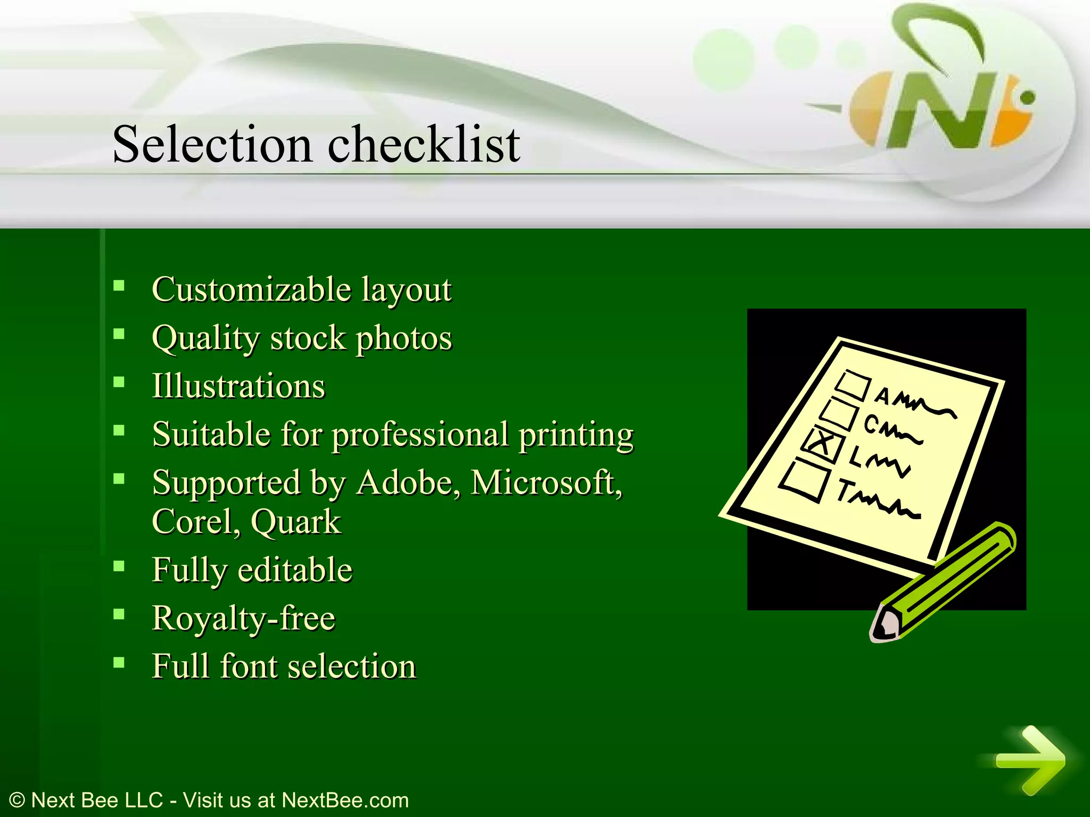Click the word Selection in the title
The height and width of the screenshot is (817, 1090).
pyautogui.click(x=212, y=145)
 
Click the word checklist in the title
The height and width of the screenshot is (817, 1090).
pyautogui.click(x=424, y=145)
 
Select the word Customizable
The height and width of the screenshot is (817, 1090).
pyautogui.click(x=251, y=290)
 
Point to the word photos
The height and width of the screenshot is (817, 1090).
pyautogui.click(x=404, y=339)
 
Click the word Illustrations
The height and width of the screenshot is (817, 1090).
pyautogui.click(x=238, y=386)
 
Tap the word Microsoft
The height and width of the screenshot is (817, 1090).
pyautogui.click(x=546, y=483)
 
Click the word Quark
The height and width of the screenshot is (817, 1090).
pyautogui.click(x=295, y=522)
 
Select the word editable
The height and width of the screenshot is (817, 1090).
pyautogui.click(x=295, y=570)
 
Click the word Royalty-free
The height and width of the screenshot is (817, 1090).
pyautogui.click(x=244, y=619)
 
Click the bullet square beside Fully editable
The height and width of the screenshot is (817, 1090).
pyautogui.click(x=119, y=566)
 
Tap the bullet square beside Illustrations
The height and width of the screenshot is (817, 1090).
pyautogui.click(x=119, y=382)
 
